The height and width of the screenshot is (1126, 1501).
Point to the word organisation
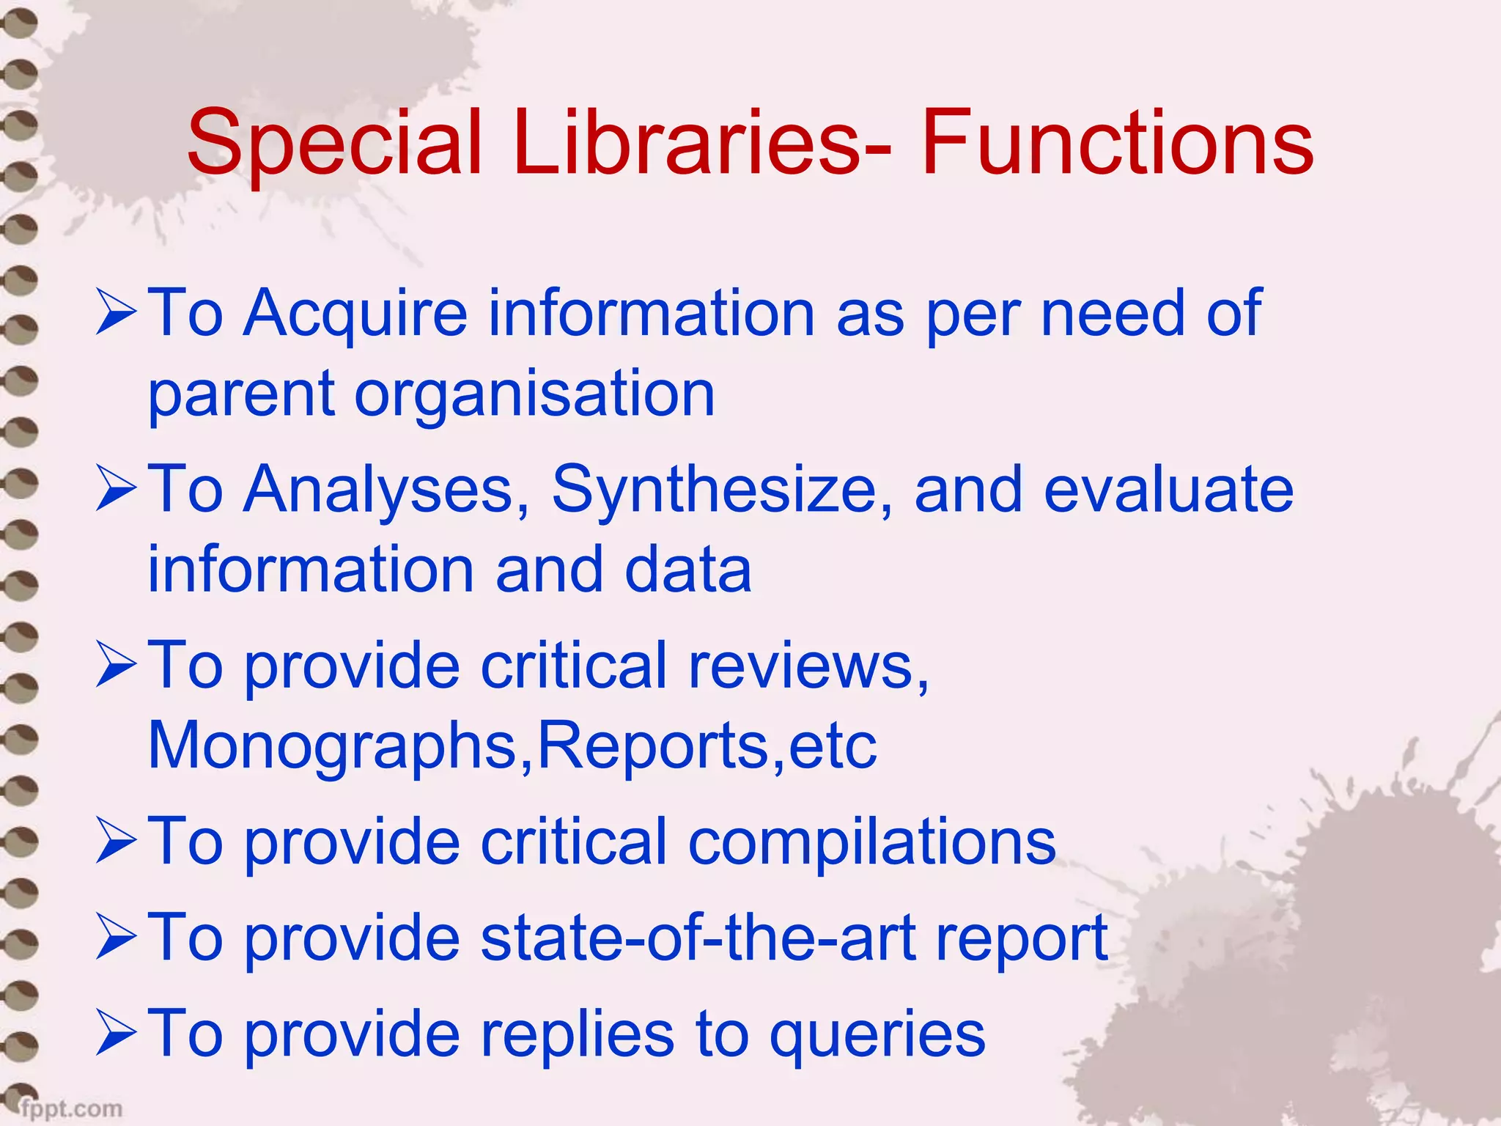pyautogui.click(x=534, y=396)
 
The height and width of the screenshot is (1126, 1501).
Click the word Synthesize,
pyautogui.click(x=723, y=490)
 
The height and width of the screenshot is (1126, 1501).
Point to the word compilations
pyautogui.click(x=872, y=842)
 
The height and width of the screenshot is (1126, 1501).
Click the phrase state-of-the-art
pyautogui.click(x=697, y=938)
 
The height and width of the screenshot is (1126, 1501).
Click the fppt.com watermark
pyautogui.click(x=71, y=1108)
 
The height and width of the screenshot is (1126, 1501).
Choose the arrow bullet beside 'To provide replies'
pyautogui.click(x=116, y=1034)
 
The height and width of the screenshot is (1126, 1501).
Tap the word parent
pyautogui.click(x=241, y=396)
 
